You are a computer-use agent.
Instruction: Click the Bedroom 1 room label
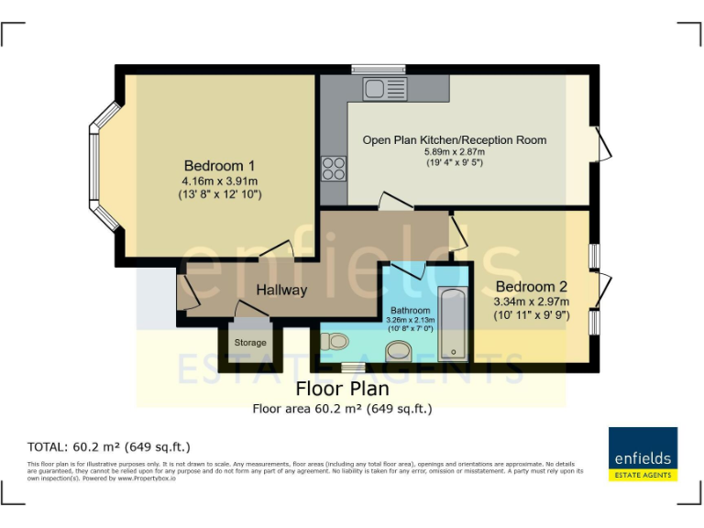coord(219,166)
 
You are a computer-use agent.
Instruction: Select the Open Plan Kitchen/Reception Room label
coord(454,140)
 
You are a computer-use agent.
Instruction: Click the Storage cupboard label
coord(250,343)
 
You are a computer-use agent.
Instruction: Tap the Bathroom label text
coord(410,311)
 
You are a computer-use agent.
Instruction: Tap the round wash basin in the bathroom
coord(399,349)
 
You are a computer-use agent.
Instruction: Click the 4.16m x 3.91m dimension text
coord(219,181)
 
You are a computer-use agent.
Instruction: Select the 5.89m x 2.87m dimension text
coord(454,152)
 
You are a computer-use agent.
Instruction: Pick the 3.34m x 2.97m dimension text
coord(532,302)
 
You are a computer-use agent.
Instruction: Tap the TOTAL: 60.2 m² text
coord(109,447)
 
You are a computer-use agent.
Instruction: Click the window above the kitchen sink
coord(379,69)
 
